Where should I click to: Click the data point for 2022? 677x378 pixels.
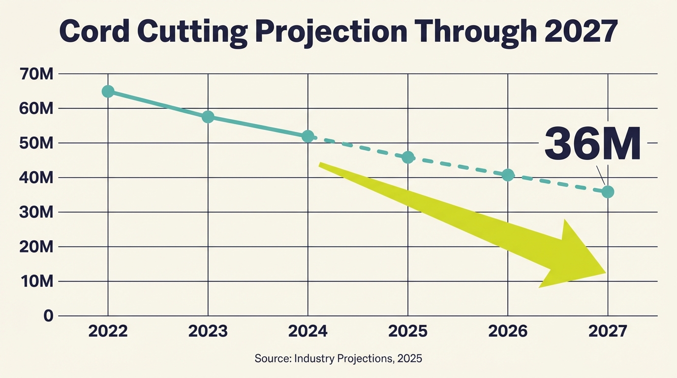(108, 92)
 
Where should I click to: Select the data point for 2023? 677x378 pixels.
(208, 117)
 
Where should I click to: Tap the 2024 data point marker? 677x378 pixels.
(308, 136)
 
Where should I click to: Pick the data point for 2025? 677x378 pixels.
(408, 157)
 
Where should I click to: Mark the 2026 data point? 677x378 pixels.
(508, 175)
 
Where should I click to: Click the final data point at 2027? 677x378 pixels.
(608, 191)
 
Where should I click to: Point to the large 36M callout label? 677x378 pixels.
(592, 143)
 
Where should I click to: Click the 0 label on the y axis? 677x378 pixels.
(47, 316)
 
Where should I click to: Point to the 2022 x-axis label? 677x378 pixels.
(108, 331)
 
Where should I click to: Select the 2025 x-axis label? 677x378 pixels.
(408, 331)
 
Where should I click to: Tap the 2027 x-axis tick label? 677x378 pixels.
(608, 331)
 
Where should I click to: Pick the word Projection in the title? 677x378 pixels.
(334, 31)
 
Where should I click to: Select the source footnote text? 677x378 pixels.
(338, 358)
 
